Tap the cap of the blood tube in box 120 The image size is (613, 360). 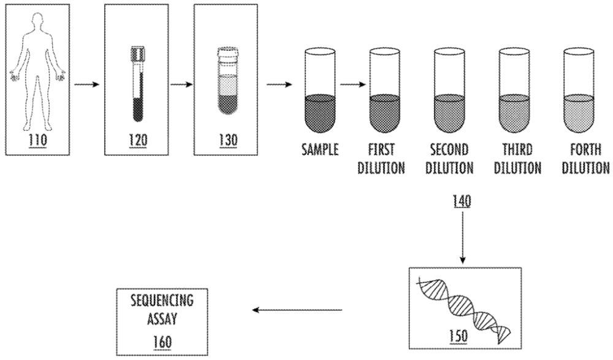coord(137,53)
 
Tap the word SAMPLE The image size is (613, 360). coord(320,150)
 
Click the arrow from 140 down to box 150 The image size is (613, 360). coord(462,236)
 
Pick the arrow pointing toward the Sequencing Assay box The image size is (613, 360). coord(297,310)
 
